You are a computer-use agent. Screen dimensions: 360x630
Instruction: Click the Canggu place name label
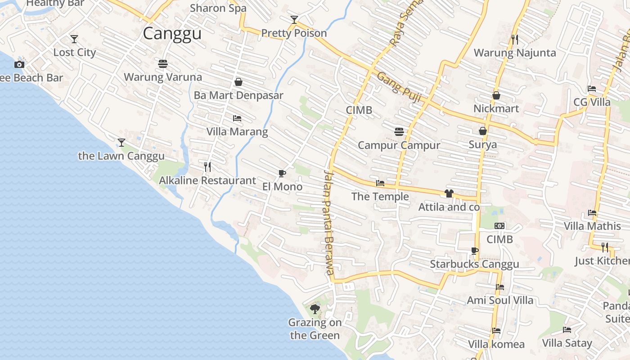172,33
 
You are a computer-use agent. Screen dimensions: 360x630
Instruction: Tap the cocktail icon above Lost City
74,39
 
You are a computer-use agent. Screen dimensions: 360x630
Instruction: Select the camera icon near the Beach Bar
19,64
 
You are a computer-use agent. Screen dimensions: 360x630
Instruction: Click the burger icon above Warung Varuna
163,63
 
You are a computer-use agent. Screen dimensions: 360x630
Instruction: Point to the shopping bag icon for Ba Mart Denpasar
238,82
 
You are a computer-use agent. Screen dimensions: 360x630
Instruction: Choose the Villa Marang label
237,132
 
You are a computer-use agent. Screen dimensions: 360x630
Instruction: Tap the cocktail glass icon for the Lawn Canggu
121,143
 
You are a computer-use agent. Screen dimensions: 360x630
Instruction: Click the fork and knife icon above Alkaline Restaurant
207,167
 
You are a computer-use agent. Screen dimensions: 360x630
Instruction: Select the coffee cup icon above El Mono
282,173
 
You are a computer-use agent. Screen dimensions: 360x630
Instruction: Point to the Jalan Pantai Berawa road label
329,222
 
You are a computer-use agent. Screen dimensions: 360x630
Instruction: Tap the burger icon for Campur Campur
399,132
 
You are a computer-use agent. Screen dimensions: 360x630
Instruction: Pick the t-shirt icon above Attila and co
449,193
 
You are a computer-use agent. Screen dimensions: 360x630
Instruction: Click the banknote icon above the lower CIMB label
499,226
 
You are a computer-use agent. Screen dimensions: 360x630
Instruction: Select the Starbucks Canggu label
474,264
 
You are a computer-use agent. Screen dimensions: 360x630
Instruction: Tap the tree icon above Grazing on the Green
315,309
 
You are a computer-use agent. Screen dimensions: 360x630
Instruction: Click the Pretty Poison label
294,33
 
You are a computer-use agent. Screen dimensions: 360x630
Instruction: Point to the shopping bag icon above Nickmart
496,95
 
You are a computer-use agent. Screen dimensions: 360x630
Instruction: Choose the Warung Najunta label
515,53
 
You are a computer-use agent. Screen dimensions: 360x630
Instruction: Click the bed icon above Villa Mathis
592,213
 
